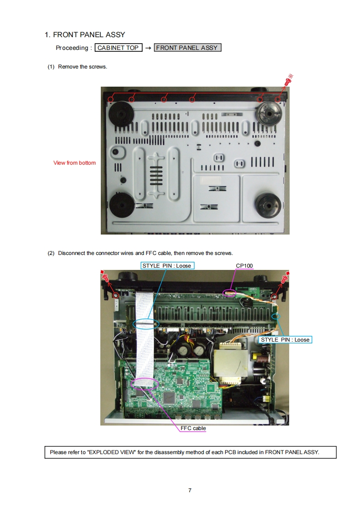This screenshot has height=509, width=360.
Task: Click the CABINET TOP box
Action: [118, 48]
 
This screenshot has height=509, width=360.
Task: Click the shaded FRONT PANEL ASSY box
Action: [187, 48]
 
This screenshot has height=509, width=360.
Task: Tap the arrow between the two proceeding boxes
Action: [148, 48]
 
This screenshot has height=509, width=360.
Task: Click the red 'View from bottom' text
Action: [74, 162]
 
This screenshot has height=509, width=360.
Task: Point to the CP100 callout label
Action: [244, 265]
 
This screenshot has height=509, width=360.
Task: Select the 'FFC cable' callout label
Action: [193, 428]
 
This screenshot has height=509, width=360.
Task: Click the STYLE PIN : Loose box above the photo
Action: [168, 265]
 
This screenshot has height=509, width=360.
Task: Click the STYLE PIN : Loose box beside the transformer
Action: [285, 339]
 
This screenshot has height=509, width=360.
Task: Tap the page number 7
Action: [190, 490]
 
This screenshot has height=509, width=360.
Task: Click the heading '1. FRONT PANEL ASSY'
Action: [85, 35]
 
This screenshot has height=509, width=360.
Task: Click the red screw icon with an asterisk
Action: [288, 80]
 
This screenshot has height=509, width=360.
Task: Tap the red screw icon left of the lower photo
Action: [105, 277]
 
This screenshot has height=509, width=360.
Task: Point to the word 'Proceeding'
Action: [72, 48]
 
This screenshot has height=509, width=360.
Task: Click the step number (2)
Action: [51, 253]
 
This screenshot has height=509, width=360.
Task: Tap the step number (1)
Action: [51, 67]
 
